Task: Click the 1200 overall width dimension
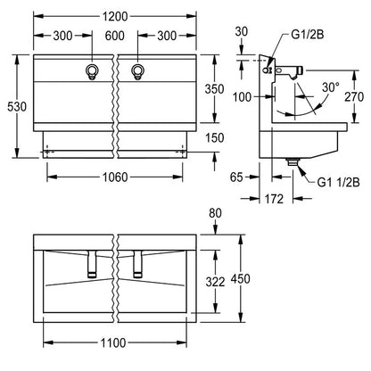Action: [x=115, y=16]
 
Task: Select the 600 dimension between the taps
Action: [x=114, y=36]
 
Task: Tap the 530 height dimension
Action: [x=17, y=106]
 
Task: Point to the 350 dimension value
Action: [x=214, y=89]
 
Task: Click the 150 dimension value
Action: [x=214, y=137]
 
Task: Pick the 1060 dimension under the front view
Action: [x=115, y=177]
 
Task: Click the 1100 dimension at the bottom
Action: [x=113, y=343]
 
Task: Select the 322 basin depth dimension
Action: [x=215, y=282]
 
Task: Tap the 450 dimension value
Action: [x=241, y=278]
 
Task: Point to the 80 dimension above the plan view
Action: [x=215, y=213]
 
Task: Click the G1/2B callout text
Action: [x=307, y=35]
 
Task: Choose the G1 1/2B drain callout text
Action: [x=338, y=182]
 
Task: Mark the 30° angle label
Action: [x=331, y=87]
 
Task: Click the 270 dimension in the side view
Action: [x=354, y=96]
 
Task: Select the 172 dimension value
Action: [x=274, y=199]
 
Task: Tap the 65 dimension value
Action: [x=236, y=177]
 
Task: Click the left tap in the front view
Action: [x=92, y=71]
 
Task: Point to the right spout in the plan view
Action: [x=137, y=264]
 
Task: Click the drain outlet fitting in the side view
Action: [x=293, y=161]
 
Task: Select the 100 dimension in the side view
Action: [x=242, y=96]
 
